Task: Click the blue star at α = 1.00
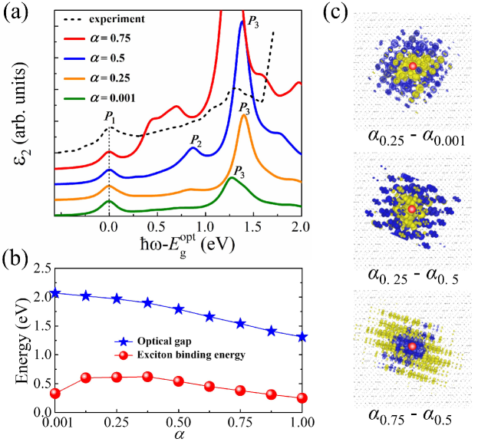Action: (x=302, y=337)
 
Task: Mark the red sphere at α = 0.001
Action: (x=55, y=393)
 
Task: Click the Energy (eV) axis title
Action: (x=16, y=340)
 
